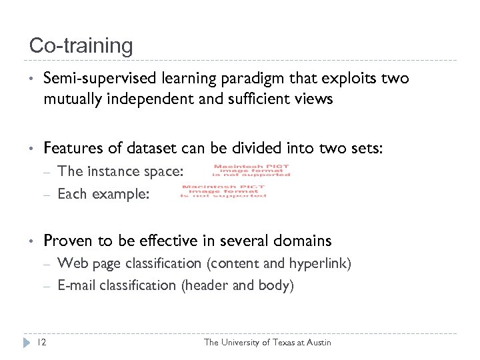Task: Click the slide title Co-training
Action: click(81, 46)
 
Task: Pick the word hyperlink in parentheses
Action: click(317, 263)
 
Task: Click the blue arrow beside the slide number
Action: click(25, 342)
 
